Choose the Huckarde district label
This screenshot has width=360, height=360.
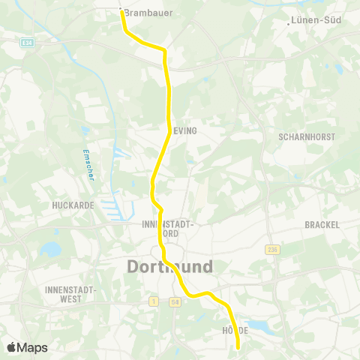coord(71,204)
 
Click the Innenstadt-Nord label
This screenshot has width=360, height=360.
coord(168,228)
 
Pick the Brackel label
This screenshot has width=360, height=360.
coord(322,224)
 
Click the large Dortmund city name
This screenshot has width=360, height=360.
coord(169,267)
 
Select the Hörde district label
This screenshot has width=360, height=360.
coord(235,330)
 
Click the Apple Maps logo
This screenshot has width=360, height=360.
coord(27,347)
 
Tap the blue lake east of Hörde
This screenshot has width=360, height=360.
coord(259,325)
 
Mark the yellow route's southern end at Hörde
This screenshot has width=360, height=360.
coord(238,348)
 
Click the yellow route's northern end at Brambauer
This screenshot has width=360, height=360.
coord(121,10)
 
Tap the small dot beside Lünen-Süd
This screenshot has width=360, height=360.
coord(289,22)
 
